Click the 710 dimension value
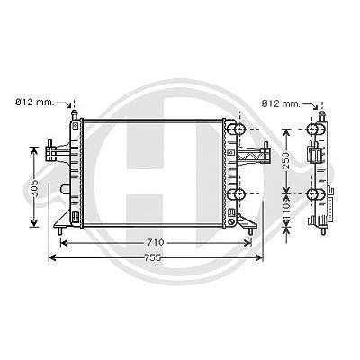[x=156, y=242]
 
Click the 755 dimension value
[x=153, y=257]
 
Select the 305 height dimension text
[x=35, y=188]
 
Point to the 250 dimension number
[x=286, y=161]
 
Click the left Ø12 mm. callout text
[x=35, y=103]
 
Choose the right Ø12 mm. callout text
[x=281, y=103]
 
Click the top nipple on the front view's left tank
[x=74, y=115]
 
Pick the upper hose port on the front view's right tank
[x=237, y=130]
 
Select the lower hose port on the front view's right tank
[x=237, y=194]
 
